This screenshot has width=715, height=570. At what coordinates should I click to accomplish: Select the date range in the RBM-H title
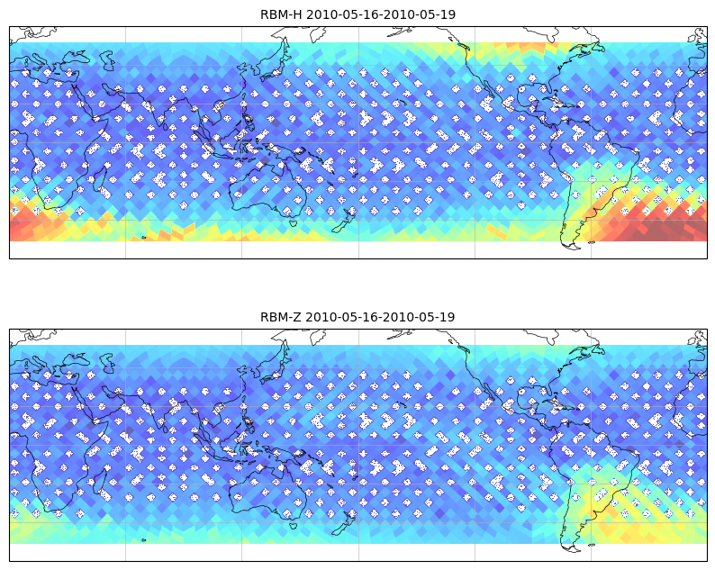pyautogui.click(x=381, y=14)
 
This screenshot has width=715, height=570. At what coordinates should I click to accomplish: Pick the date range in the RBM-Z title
pyautogui.click(x=380, y=317)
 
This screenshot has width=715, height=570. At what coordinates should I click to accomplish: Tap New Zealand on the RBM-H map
pyautogui.click(x=344, y=221)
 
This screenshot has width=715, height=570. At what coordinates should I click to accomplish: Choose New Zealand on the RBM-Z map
pyautogui.click(x=344, y=522)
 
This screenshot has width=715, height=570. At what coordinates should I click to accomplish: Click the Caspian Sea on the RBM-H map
pyautogui.click(x=108, y=60)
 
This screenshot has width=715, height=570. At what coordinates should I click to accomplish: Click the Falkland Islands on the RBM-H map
pyautogui.click(x=592, y=242)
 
